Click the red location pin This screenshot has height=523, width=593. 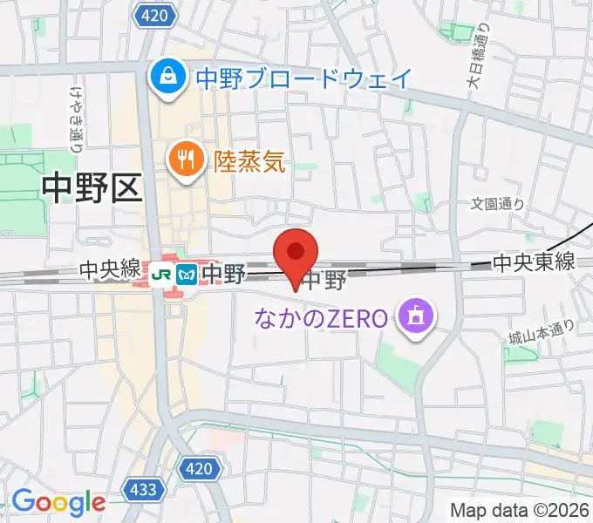[296, 253]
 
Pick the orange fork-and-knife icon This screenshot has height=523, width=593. [185, 160]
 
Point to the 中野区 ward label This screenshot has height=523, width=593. [91, 188]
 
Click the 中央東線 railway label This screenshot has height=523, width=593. [534, 261]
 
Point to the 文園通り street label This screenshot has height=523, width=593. [497, 204]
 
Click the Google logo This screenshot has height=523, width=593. [58, 503]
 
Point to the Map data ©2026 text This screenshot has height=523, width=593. [520, 510]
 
